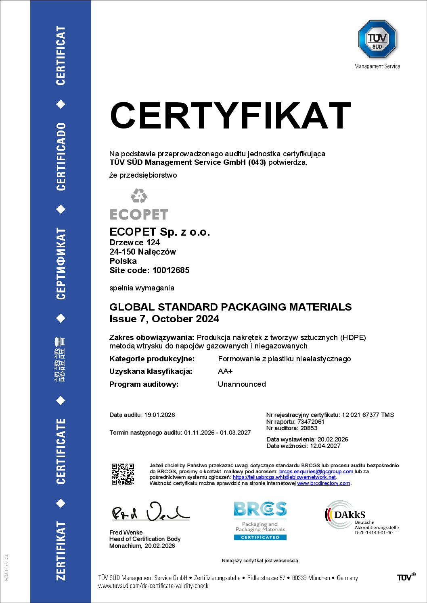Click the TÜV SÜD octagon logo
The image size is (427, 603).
point(377,39)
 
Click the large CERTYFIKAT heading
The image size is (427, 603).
point(230,116)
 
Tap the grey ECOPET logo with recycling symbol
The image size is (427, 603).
point(139,204)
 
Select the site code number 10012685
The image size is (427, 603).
point(171,270)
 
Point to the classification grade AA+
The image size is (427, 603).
point(225,371)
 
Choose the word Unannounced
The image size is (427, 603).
point(242,384)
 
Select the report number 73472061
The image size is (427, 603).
point(311,422)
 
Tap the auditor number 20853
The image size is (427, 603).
point(309,428)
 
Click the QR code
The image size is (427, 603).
point(123,474)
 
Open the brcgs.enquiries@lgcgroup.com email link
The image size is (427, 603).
point(316,472)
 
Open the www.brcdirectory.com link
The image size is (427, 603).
point(324,483)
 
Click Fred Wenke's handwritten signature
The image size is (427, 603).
point(150,512)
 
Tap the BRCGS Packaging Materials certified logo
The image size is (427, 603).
point(260,520)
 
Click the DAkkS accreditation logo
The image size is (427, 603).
point(362,517)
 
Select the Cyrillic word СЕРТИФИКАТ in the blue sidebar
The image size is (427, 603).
point(61,263)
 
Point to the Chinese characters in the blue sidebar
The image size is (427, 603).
point(61,359)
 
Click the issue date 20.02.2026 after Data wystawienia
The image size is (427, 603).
point(333,439)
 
